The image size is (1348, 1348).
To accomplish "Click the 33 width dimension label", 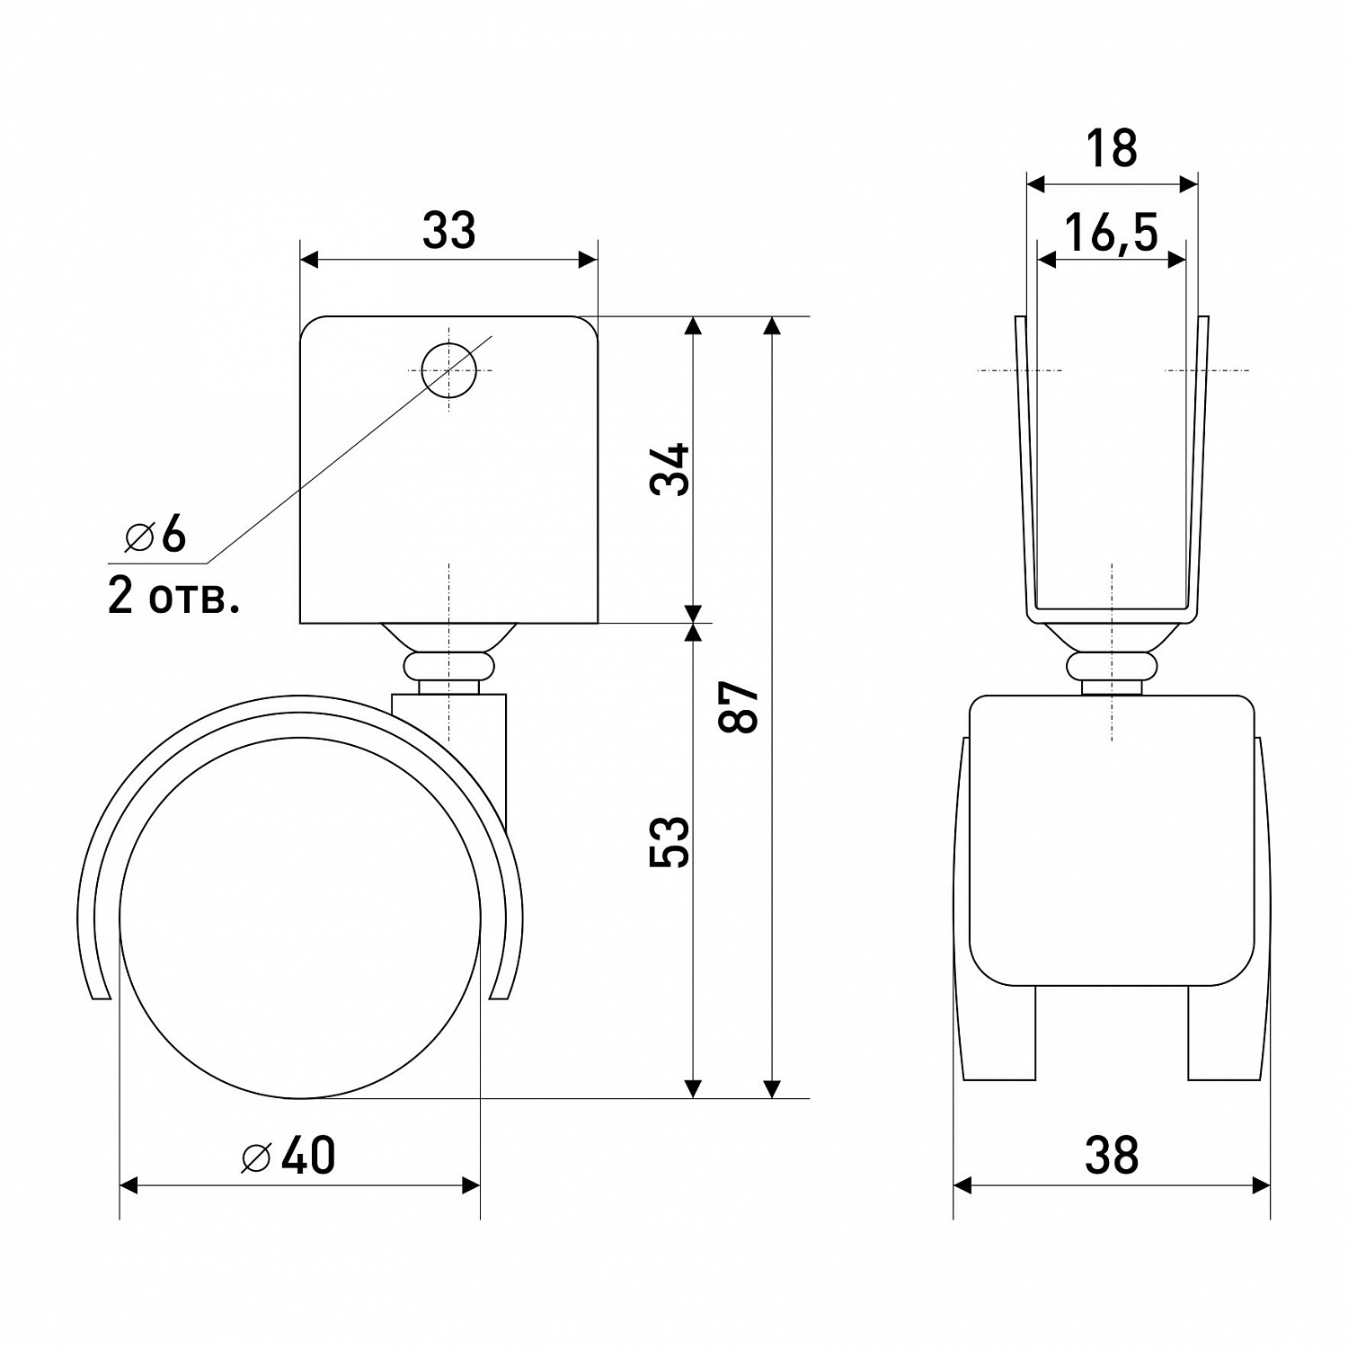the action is pos(448,231).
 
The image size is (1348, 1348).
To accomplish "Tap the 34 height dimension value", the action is pos(670,468).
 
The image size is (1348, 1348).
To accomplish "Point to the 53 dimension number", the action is pos(670,841).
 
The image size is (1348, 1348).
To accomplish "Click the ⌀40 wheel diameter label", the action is pos(288,1156).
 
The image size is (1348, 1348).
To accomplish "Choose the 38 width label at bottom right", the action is pos(1112,1156).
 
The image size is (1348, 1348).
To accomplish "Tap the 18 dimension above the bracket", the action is pos(1112,148).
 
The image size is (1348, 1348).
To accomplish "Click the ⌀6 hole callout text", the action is pos(155,536).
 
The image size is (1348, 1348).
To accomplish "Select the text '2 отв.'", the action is pos(174,596).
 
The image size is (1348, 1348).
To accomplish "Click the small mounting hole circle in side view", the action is pos(448,370).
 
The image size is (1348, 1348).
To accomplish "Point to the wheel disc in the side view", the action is pos(299,918).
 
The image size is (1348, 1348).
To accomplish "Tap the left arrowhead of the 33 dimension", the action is pos(309,260).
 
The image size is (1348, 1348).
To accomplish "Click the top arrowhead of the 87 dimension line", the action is pos(772,326).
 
